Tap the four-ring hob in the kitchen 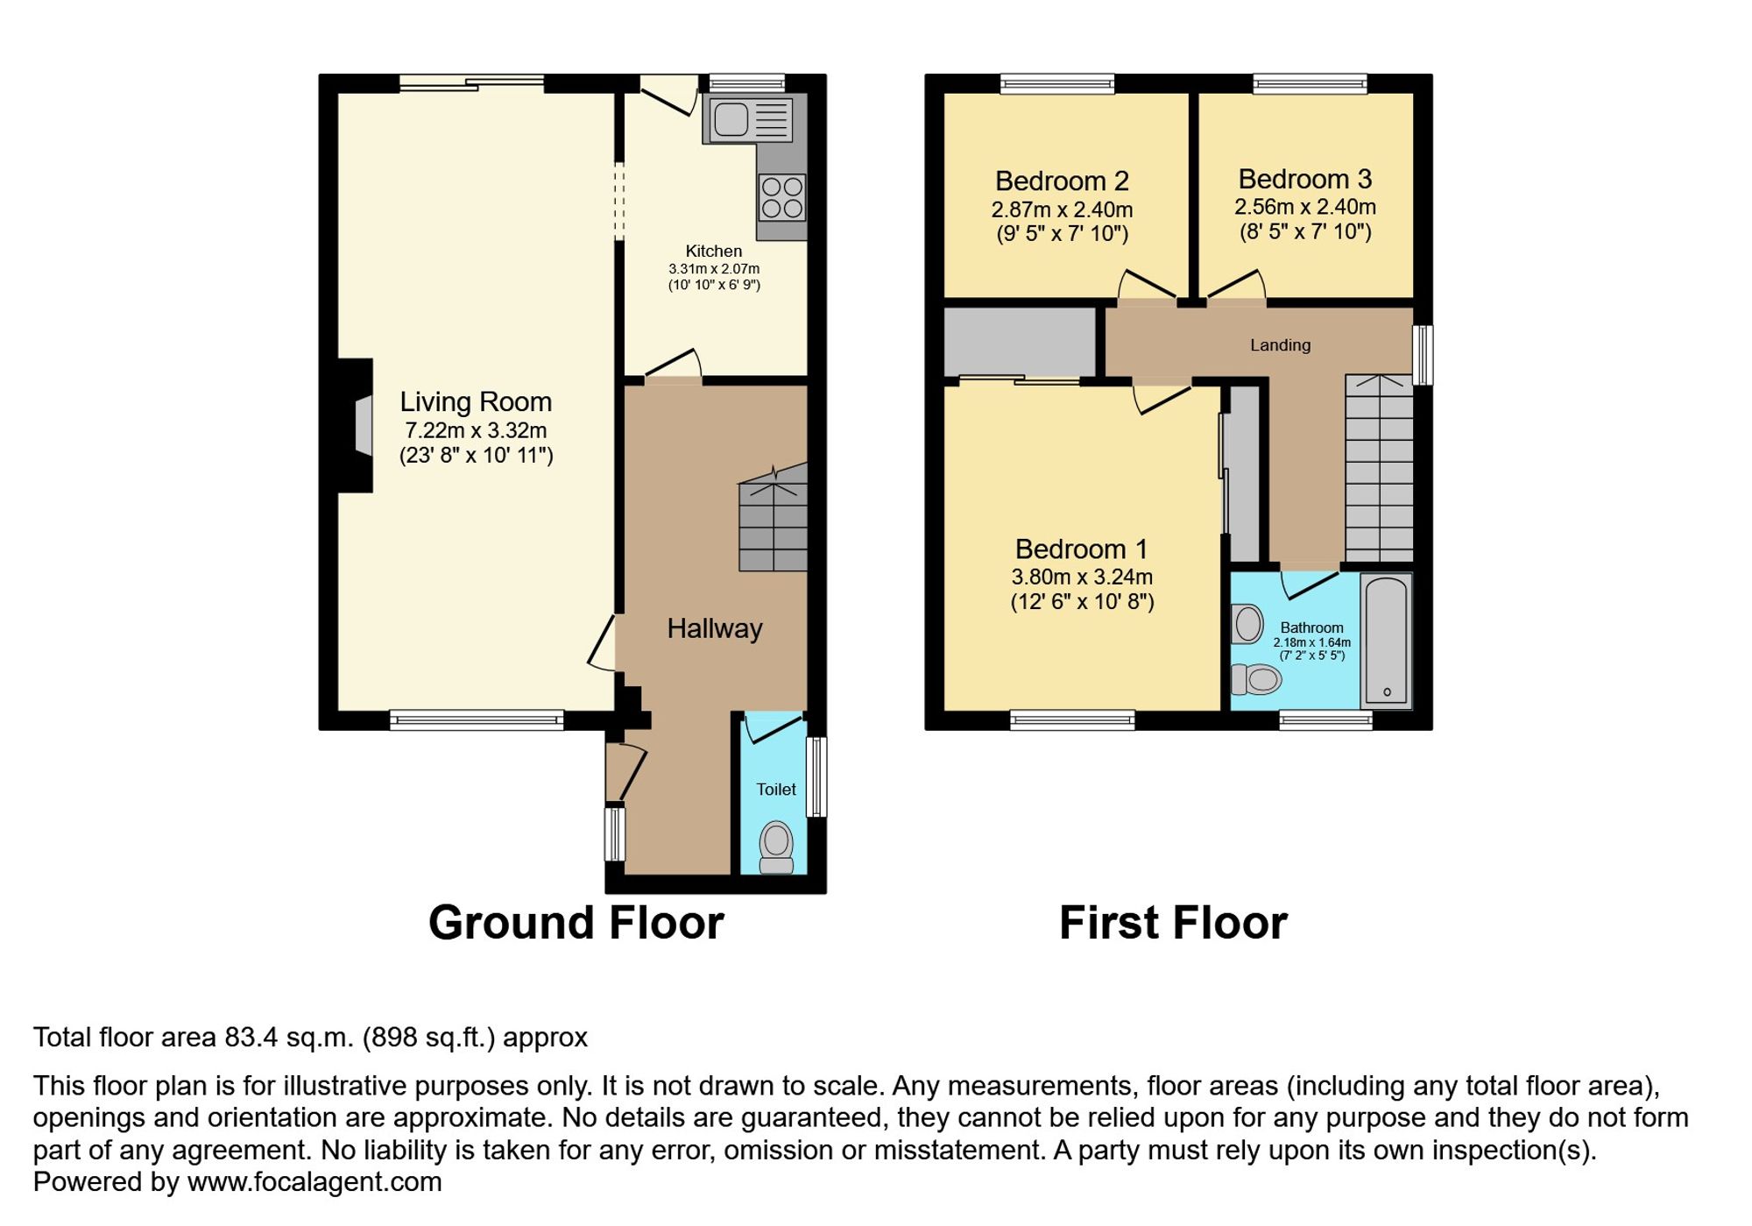pos(782,198)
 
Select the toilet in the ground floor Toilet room pos(776,845)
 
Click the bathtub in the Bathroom pos(1386,641)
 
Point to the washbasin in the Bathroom pos(1247,624)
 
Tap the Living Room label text pos(476,402)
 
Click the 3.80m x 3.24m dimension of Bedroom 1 pos(1082,577)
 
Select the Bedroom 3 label pos(1304,180)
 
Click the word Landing pos(1280,345)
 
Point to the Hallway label pos(715,628)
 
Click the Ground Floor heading pos(576,923)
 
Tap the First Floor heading pos(1173,923)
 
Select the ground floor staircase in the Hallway pos(773,524)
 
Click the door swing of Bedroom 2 pos(1146,285)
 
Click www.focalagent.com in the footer pos(314,1182)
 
